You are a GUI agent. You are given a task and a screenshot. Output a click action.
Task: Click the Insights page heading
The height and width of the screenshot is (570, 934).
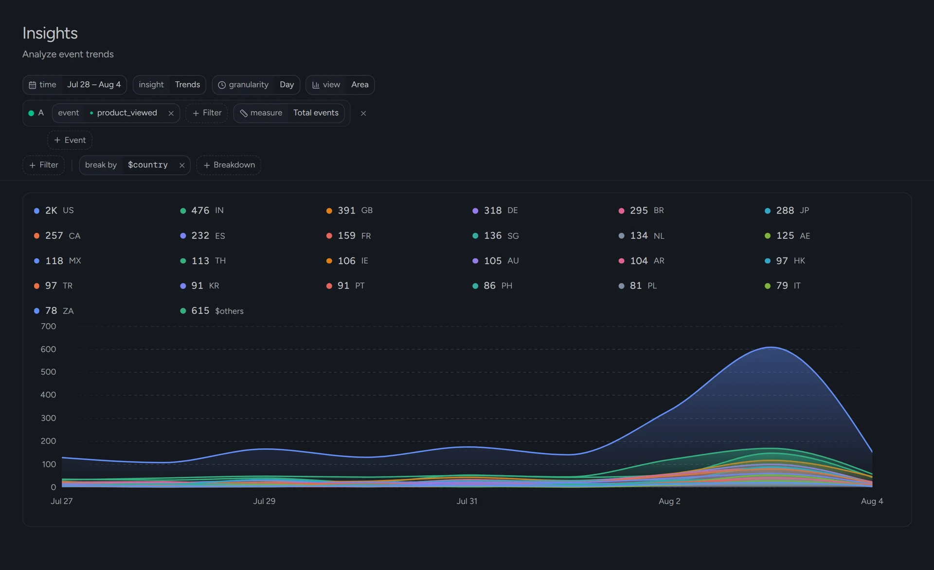50,33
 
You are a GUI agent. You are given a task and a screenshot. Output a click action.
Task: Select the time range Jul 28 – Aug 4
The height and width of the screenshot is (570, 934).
94,85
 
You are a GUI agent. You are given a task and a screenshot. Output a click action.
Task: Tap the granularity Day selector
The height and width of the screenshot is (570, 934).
287,85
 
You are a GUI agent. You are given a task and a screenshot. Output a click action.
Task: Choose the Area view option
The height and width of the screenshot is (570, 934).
360,85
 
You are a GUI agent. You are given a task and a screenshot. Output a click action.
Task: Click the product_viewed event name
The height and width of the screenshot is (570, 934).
127,113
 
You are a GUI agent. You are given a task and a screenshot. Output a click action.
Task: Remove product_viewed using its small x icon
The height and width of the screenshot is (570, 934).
171,113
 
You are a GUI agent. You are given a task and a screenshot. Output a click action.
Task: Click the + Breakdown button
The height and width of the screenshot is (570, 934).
229,165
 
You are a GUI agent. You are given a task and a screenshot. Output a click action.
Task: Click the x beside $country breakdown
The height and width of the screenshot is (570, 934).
182,165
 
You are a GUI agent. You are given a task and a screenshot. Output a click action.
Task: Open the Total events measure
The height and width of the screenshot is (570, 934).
316,113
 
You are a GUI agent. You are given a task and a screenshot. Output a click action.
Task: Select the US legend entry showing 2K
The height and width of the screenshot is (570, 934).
54,210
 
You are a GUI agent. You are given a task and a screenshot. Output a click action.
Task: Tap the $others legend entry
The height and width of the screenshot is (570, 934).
212,311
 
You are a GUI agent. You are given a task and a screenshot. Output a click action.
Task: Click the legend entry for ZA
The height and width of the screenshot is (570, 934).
54,311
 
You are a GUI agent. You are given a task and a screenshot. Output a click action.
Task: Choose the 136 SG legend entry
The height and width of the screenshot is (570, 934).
496,236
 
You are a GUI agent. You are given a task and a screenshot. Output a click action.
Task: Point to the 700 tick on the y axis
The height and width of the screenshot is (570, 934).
48,326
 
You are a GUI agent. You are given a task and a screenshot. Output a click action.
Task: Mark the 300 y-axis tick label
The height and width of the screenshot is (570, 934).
48,418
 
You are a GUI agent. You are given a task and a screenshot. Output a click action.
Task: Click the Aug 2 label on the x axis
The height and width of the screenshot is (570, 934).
669,501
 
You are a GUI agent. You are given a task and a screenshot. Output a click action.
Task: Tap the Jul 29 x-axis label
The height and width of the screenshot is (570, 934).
264,501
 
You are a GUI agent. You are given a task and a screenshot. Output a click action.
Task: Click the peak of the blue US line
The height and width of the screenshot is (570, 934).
771,347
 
